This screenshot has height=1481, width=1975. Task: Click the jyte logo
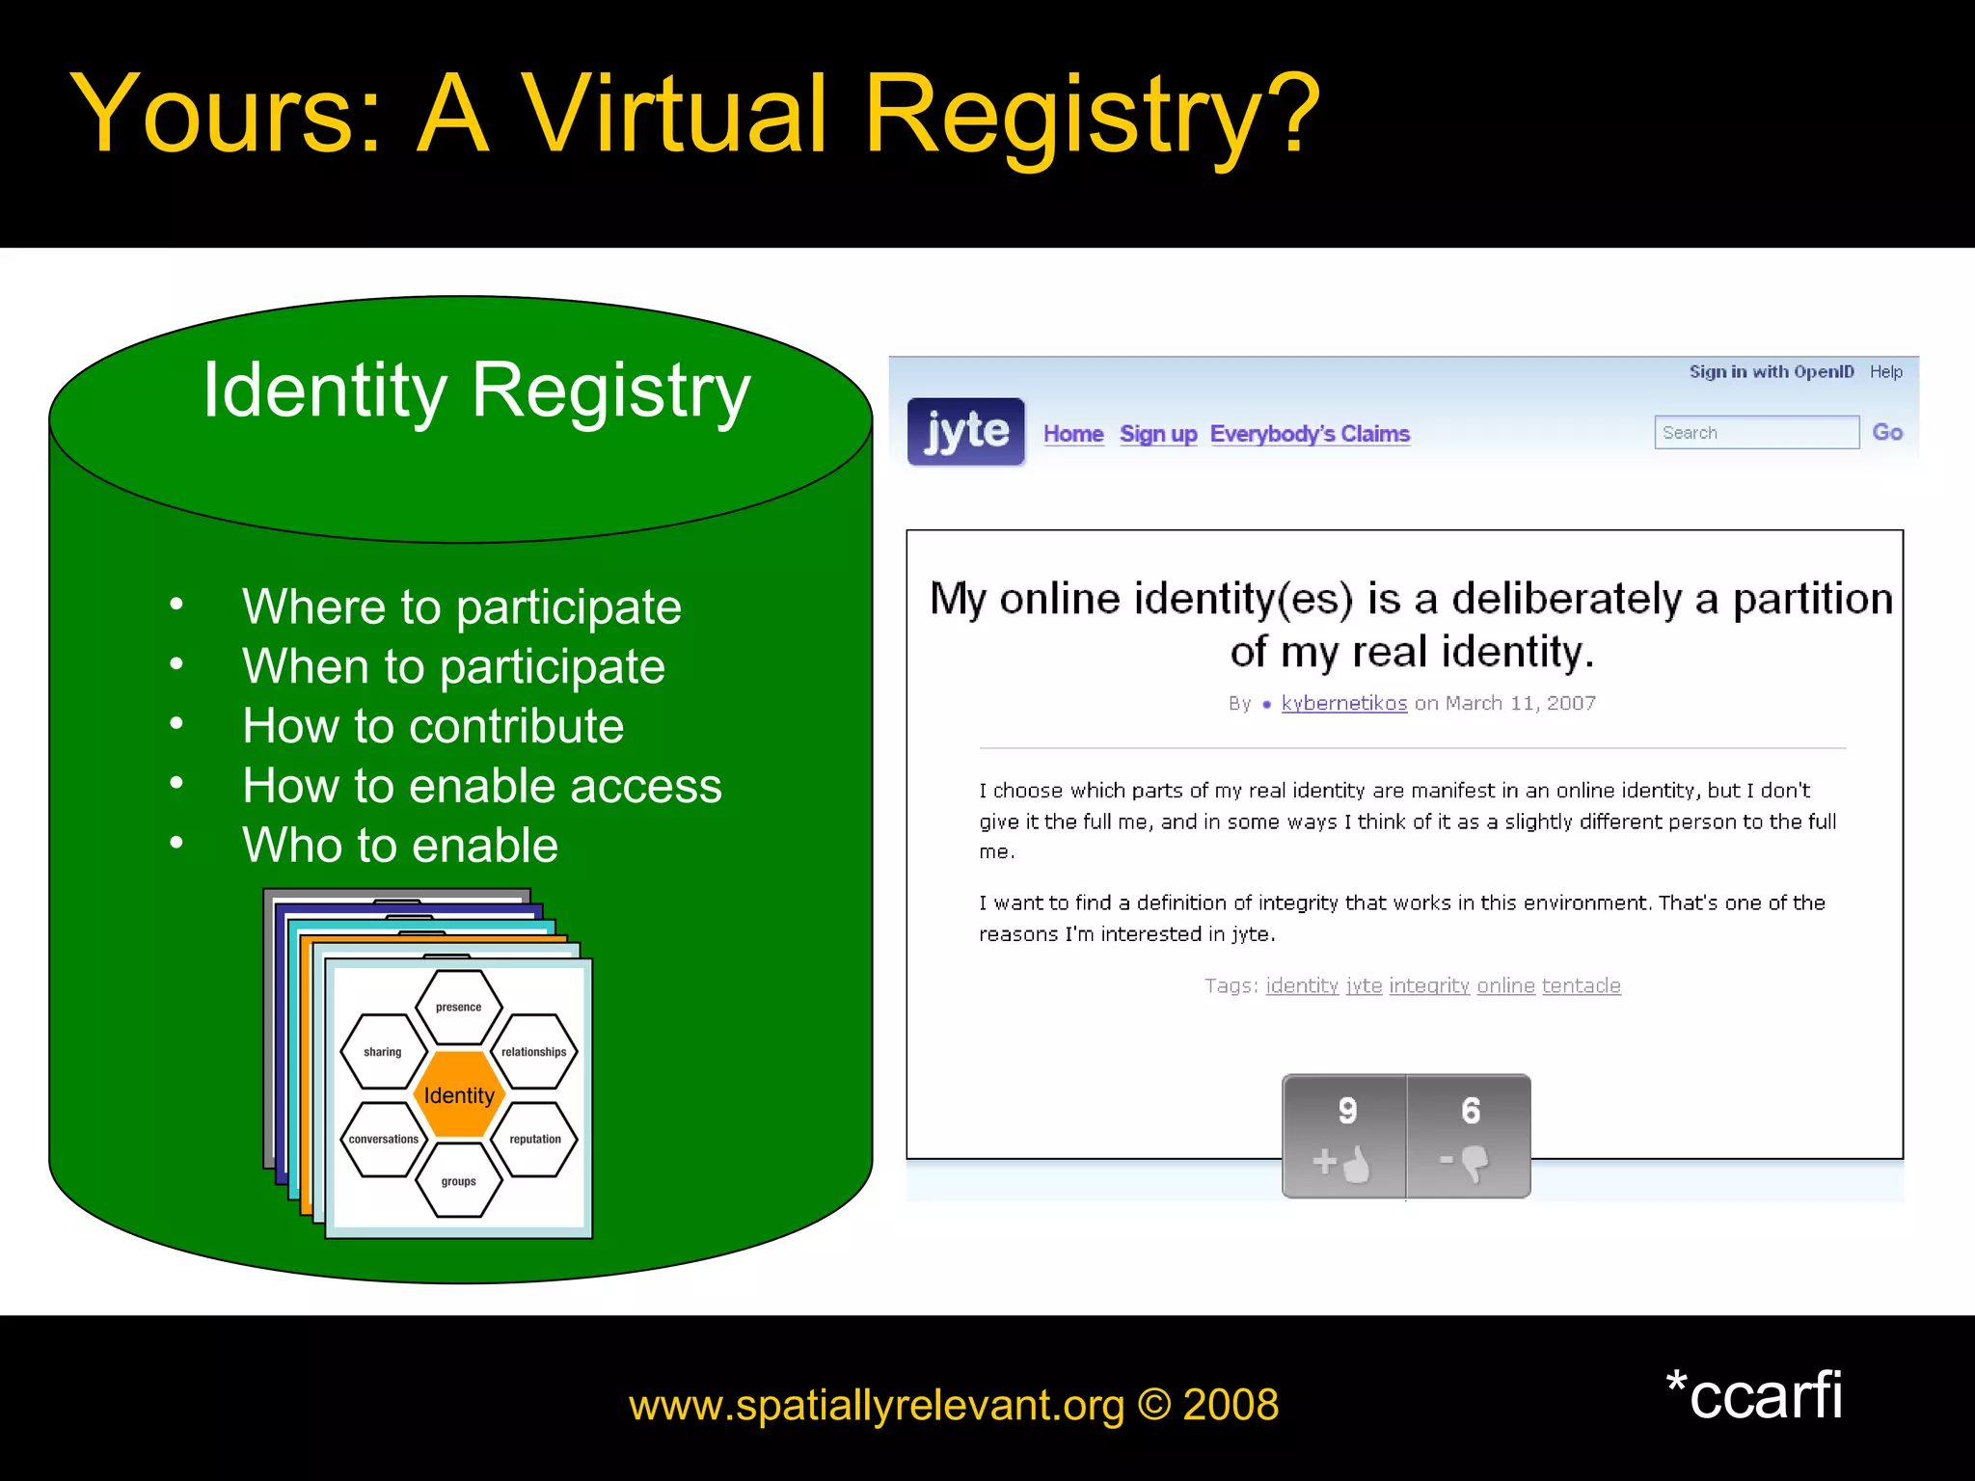(x=965, y=432)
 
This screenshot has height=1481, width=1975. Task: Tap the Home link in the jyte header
(x=1073, y=434)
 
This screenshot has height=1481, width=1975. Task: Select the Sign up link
(x=1158, y=434)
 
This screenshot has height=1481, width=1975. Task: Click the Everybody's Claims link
(x=1310, y=434)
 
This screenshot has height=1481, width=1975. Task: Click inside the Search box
(x=1756, y=433)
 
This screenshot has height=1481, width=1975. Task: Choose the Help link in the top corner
(x=1885, y=372)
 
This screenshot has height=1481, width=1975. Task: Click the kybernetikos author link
(x=1343, y=704)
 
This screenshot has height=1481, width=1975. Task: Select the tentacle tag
(x=1581, y=985)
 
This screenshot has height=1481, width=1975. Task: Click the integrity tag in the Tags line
(x=1428, y=985)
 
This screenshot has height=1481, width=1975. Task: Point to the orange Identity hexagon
(x=459, y=1095)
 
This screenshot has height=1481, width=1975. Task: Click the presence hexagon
(x=459, y=1008)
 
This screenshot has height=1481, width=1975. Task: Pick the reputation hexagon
(x=535, y=1140)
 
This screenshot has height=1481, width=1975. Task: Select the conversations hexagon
(x=383, y=1140)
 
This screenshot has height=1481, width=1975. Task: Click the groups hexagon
(x=459, y=1181)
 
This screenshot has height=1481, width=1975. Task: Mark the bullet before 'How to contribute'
(x=176, y=724)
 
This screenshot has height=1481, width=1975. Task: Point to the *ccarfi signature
(x=1754, y=1395)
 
